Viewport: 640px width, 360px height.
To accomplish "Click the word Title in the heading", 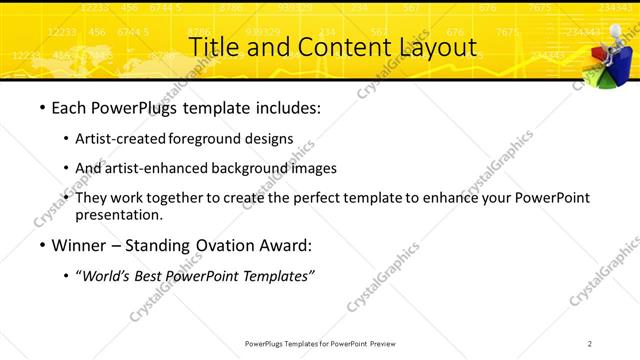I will pyautogui.click(x=213, y=46).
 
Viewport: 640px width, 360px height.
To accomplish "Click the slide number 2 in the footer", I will pyautogui.click(x=590, y=343).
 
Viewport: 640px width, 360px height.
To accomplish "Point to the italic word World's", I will pyautogui.click(x=111, y=274).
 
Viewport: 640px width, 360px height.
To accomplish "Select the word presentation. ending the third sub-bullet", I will pyautogui.click(x=118, y=214).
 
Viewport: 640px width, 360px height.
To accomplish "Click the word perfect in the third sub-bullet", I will pyautogui.click(x=323, y=198).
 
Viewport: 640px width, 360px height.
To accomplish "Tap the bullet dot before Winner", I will pyautogui.click(x=41, y=245).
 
